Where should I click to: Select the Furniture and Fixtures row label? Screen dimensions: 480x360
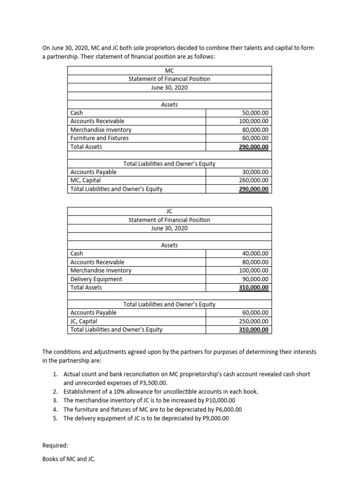click(x=99, y=138)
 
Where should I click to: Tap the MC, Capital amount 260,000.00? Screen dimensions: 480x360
click(x=254, y=180)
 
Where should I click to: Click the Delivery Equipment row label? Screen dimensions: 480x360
click(x=96, y=279)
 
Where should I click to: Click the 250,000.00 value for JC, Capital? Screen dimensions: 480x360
click(x=254, y=321)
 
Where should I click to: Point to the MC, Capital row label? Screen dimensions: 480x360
click(x=85, y=180)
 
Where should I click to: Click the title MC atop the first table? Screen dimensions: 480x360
click(x=169, y=71)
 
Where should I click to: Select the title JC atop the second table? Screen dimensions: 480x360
click(x=169, y=211)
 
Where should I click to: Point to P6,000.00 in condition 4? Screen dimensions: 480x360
click(x=223, y=409)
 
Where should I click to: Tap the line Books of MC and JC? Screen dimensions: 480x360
click(x=68, y=460)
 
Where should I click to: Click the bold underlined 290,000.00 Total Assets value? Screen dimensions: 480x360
click(x=254, y=147)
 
